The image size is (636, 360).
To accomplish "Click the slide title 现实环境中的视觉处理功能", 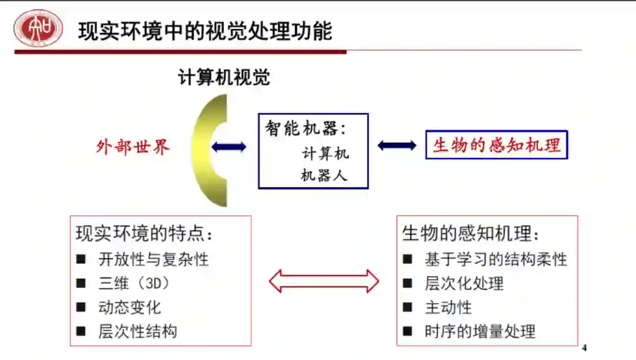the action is (x=205, y=31).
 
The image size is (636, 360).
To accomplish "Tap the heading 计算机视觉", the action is (x=224, y=77).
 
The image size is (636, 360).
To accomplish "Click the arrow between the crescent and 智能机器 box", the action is (x=229, y=147).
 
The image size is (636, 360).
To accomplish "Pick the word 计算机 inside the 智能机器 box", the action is (x=325, y=154).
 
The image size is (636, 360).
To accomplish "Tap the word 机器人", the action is (x=324, y=175).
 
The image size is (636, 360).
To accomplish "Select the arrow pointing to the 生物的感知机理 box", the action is (x=397, y=145).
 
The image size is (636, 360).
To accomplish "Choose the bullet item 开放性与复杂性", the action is (x=153, y=259).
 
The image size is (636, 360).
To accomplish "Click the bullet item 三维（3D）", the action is (x=134, y=283).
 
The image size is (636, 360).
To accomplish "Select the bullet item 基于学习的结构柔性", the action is (x=495, y=259).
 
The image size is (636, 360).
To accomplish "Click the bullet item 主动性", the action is (x=448, y=307).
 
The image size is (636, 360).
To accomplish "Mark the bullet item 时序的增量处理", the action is (x=479, y=331).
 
